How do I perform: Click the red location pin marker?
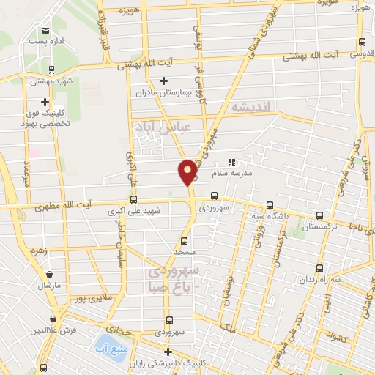click(x=187, y=171)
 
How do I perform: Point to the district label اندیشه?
click(x=250, y=108)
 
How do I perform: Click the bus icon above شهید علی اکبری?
click(x=133, y=198)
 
